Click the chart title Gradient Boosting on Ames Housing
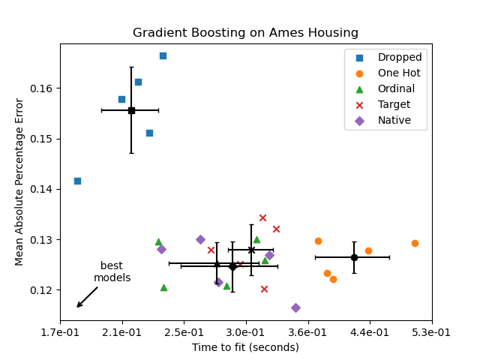pos(245,33)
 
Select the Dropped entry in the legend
pos(399,58)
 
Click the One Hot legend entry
pos(399,73)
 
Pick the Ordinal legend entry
pos(396,89)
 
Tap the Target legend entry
pos(394,105)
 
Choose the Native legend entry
pos(394,121)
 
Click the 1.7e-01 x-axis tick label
pos(60,332)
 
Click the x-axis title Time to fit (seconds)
pos(245,347)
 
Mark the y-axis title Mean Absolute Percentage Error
pos(20,181)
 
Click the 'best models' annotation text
pos(112,272)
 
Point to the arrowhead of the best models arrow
pos(77,306)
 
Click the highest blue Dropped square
pos(163,55)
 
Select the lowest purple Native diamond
pos(295,307)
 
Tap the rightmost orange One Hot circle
pos(415,243)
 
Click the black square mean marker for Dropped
pos(131,110)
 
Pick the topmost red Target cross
pos(262,218)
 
